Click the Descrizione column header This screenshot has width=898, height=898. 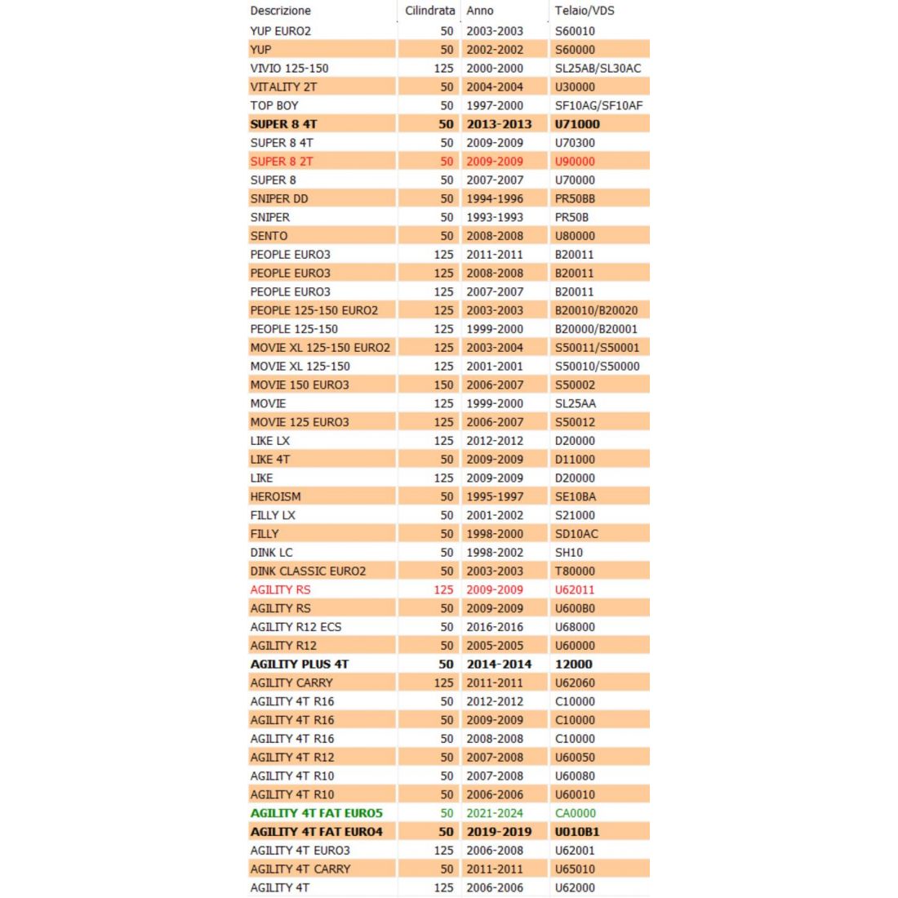[x=280, y=11]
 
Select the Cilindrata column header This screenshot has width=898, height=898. [x=429, y=11]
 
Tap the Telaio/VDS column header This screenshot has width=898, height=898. [x=585, y=11]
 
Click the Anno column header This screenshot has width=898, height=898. [x=480, y=11]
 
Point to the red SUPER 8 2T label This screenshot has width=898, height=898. [x=282, y=161]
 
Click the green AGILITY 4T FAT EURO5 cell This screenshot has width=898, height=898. [x=316, y=813]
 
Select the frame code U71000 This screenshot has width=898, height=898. [x=577, y=124]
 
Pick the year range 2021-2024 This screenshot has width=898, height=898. [x=495, y=813]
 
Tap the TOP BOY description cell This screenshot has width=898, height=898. [x=274, y=105]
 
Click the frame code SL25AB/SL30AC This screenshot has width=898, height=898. [x=598, y=68]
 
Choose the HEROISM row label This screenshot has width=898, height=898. [x=275, y=496]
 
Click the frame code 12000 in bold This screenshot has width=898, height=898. [x=573, y=665]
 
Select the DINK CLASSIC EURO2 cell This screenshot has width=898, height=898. [x=308, y=571]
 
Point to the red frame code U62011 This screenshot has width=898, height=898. [x=575, y=589]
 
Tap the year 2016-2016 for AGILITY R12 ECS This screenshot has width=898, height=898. [x=495, y=627]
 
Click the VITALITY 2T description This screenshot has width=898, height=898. [x=283, y=87]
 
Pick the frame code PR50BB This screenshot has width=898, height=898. [x=575, y=198]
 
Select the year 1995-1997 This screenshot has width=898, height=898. [x=495, y=496]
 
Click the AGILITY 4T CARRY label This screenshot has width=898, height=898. [x=300, y=869]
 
